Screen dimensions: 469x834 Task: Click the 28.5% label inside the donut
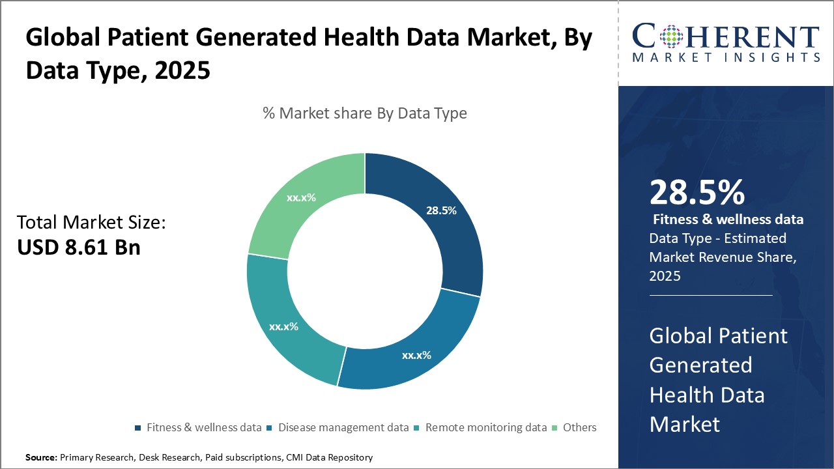(x=441, y=211)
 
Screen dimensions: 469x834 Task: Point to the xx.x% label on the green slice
(x=301, y=197)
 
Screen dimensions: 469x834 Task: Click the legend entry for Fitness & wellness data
(x=198, y=427)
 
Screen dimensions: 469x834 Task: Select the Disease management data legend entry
(x=338, y=427)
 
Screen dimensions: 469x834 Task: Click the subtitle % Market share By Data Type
(x=365, y=113)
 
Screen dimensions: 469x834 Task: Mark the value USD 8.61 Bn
(x=78, y=248)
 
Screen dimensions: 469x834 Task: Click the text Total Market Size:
(x=91, y=223)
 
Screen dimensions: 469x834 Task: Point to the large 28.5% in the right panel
(x=697, y=193)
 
